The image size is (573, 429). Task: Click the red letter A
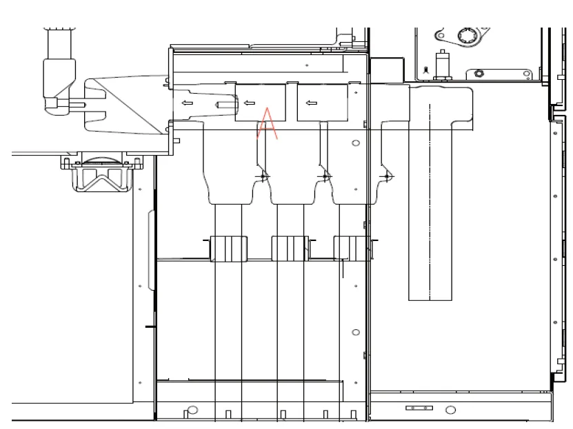[267, 124]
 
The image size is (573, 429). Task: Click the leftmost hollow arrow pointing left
[186, 103]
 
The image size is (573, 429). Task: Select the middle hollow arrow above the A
[250, 103]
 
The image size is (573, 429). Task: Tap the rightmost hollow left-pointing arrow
[311, 103]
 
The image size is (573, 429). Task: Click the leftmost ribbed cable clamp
[228, 248]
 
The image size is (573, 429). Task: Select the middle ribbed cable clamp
[290, 248]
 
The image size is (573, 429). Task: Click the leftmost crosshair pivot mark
[263, 177]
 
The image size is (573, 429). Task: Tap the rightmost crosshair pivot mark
[387, 177]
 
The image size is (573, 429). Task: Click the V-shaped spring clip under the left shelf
[102, 181]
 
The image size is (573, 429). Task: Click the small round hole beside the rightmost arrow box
[356, 143]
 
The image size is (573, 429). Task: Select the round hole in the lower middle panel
[356, 333]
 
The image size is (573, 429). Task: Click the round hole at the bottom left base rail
[193, 410]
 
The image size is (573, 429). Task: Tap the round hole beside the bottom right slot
[450, 410]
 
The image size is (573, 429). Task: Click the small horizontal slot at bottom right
[419, 408]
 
